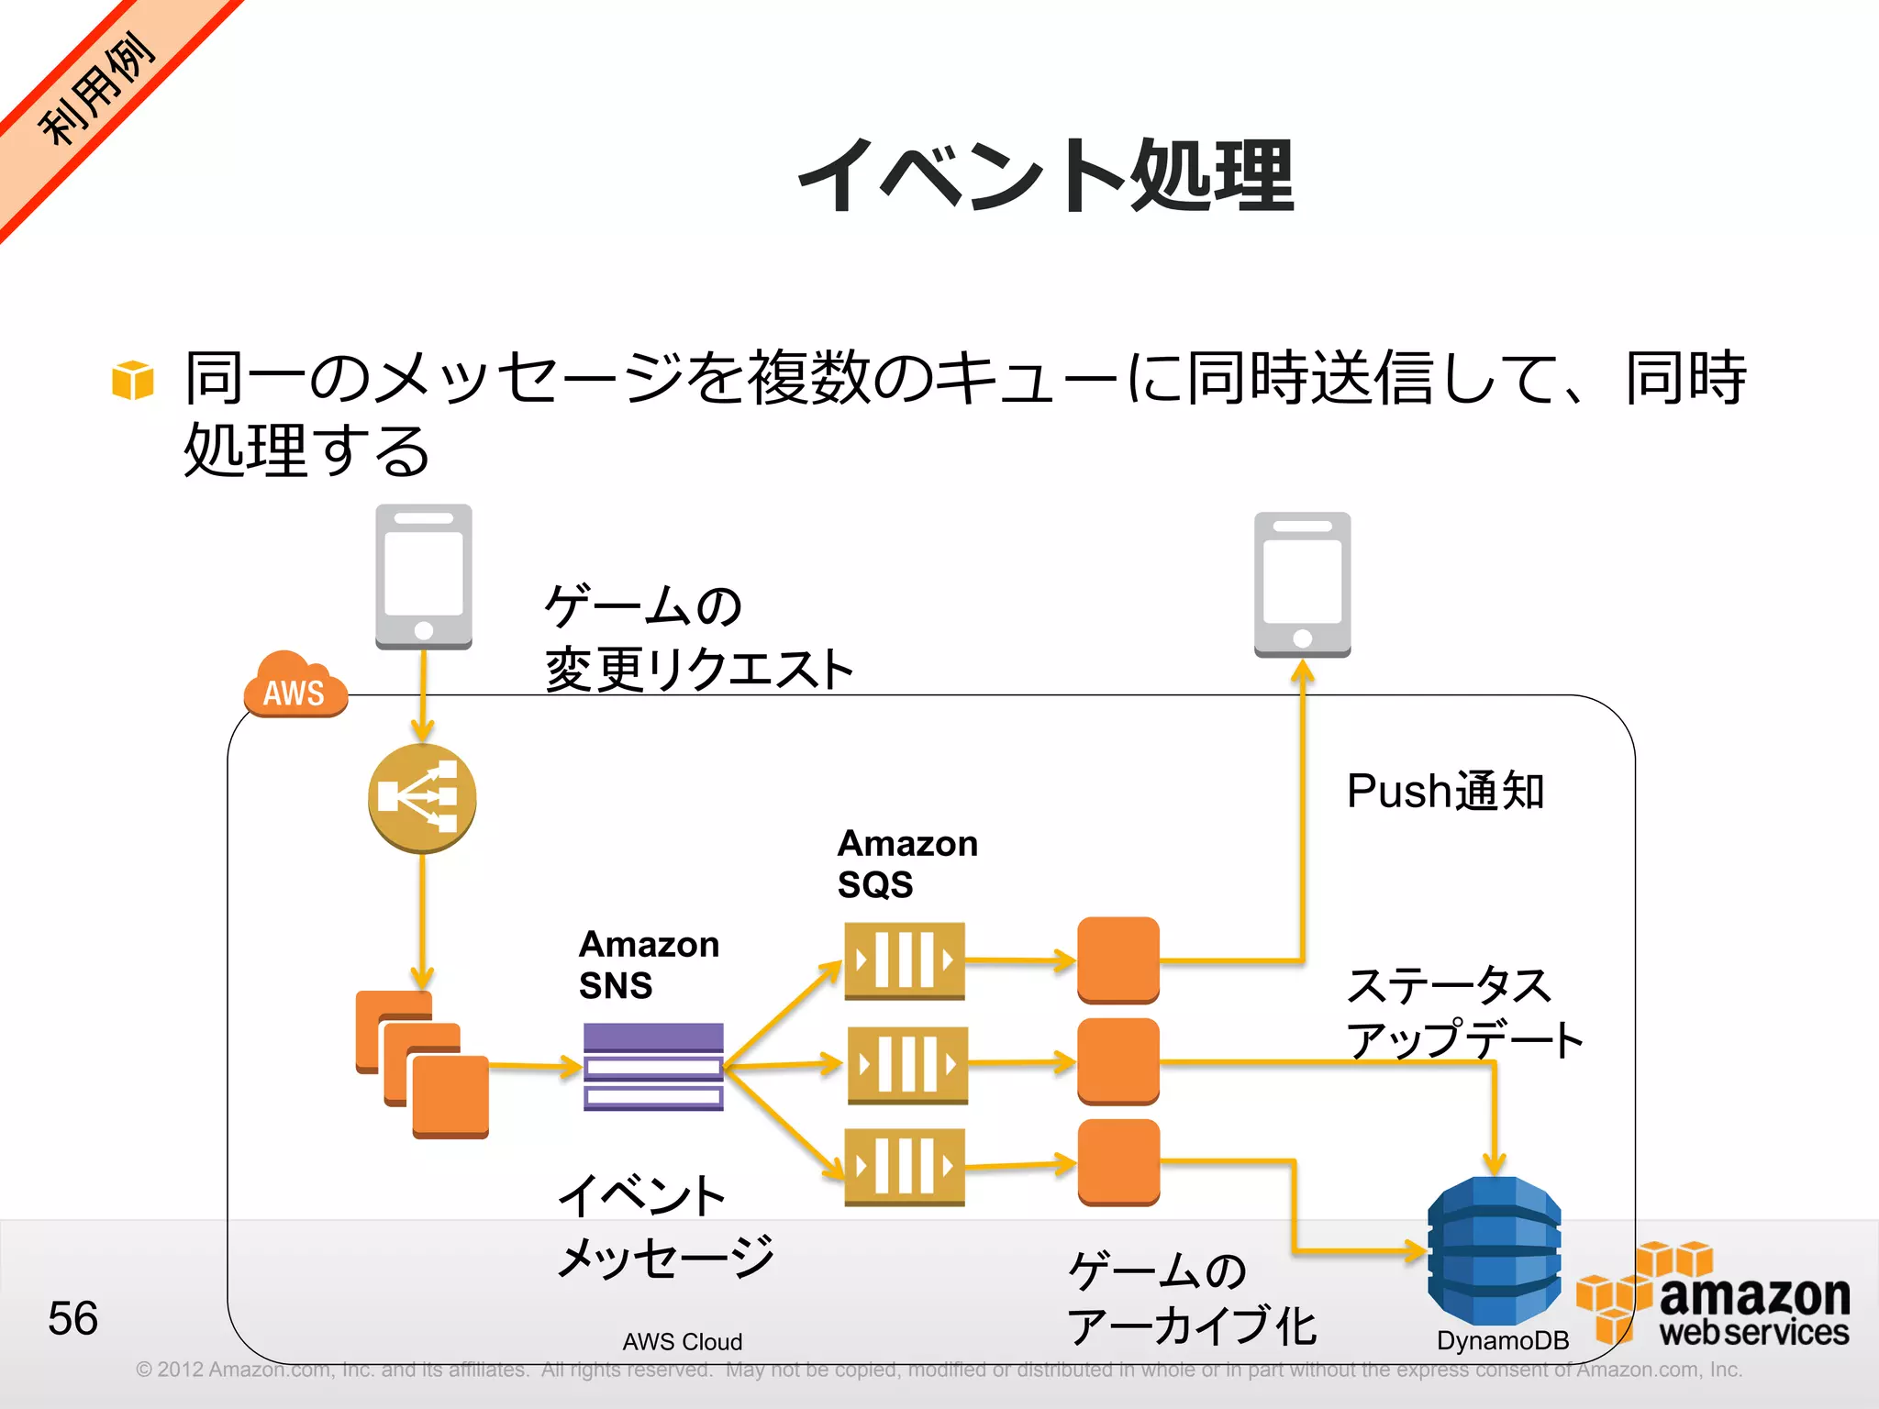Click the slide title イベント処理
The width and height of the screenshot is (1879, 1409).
click(1046, 176)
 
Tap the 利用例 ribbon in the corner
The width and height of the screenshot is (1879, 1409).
click(96, 90)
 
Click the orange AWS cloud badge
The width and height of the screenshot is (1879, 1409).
click(295, 686)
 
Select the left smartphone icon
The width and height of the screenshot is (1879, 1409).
click(424, 577)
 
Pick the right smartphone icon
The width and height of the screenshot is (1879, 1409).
click(1302, 585)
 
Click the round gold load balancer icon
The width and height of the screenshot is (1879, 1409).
click(422, 798)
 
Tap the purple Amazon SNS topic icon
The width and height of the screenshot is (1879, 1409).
click(653, 1067)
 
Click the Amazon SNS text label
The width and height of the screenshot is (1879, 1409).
click(649, 964)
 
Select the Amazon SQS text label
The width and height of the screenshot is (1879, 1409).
click(906, 863)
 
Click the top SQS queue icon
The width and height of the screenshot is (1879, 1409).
click(905, 960)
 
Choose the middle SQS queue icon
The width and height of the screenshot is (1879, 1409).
click(906, 1064)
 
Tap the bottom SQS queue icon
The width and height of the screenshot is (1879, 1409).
click(905, 1167)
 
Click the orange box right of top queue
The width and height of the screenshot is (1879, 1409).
click(1117, 960)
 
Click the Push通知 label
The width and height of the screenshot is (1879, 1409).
click(1445, 791)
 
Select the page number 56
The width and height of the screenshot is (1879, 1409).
click(72, 1318)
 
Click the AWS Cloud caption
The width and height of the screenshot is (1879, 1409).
click(682, 1341)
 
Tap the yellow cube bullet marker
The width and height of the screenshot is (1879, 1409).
click(133, 380)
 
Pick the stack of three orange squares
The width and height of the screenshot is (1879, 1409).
click(422, 1064)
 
